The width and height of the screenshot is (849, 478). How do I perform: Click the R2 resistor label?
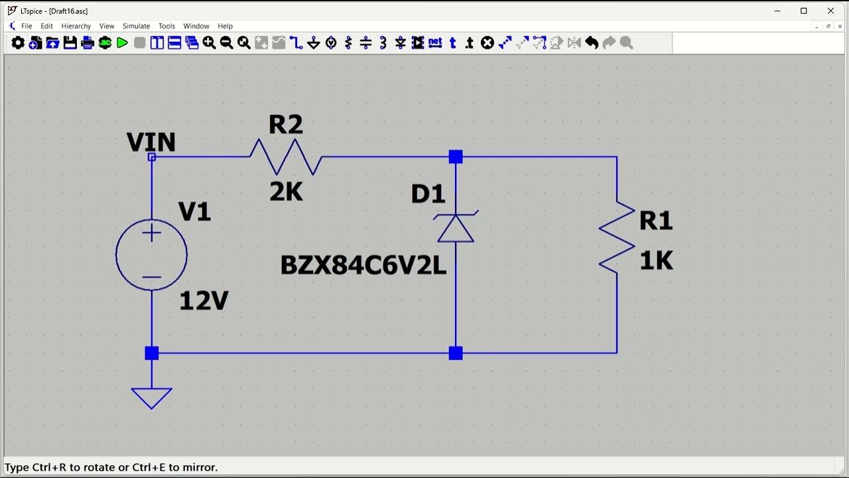click(286, 124)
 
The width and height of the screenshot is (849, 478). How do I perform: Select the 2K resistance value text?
click(286, 192)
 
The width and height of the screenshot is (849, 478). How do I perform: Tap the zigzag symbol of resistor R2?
click(286, 157)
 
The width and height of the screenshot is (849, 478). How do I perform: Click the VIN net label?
click(151, 142)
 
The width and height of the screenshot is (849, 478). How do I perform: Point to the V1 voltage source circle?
click(151, 255)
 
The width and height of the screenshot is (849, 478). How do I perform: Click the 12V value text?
click(204, 302)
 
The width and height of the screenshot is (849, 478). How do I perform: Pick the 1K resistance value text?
click(656, 262)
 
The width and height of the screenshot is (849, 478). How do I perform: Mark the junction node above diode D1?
click(456, 157)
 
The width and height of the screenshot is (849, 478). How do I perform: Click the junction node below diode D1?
click(456, 353)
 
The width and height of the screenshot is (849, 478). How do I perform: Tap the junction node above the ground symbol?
click(151, 353)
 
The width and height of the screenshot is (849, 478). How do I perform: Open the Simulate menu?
click(136, 26)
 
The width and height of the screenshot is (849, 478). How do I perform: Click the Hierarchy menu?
click(76, 26)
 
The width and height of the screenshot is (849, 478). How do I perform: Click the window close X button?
click(830, 11)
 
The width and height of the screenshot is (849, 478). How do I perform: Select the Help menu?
click(225, 26)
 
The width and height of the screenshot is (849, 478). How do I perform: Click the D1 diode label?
click(428, 194)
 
